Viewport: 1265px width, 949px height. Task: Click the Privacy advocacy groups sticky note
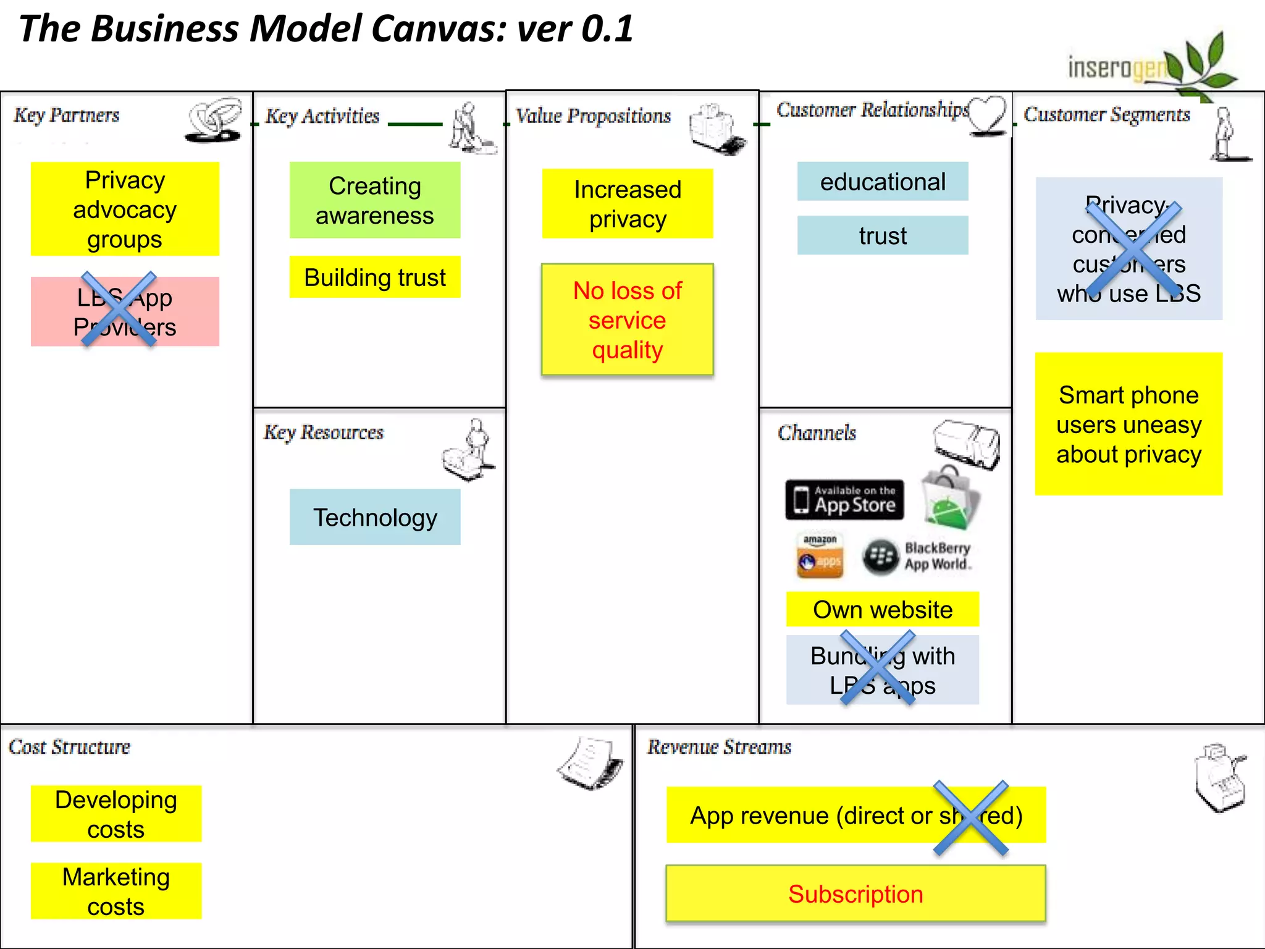click(x=125, y=209)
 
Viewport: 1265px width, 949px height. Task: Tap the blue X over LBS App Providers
click(x=119, y=309)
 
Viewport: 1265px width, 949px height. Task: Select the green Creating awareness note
click(x=374, y=200)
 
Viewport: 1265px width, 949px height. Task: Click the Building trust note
click(x=374, y=277)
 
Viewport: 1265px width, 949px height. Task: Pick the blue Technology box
click(x=374, y=517)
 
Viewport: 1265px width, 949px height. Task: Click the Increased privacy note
click(x=627, y=204)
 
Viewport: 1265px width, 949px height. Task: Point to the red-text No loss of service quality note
click(x=627, y=319)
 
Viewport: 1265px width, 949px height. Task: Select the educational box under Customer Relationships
click(x=882, y=182)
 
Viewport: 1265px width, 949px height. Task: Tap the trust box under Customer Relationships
click(x=882, y=235)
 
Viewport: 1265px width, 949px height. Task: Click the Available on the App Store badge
click(x=844, y=499)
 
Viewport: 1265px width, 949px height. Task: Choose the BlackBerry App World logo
click(x=917, y=557)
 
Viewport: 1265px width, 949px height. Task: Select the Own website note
click(x=882, y=610)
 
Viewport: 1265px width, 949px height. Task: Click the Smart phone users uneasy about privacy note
click(x=1128, y=424)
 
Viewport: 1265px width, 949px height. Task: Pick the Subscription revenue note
click(x=855, y=893)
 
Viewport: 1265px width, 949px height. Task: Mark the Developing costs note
click(x=116, y=814)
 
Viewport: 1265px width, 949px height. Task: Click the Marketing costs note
click(x=116, y=891)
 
